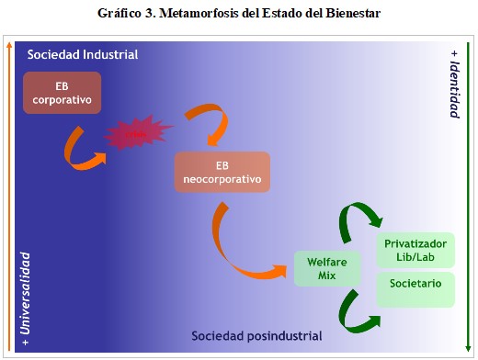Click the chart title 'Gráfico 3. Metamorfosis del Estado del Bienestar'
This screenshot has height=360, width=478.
coord(240,14)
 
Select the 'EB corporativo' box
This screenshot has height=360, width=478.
coord(62,92)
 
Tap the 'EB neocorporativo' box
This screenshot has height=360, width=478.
coord(222,172)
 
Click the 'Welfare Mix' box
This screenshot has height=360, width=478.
coord(326,268)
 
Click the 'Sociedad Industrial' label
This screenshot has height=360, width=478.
coord(83,55)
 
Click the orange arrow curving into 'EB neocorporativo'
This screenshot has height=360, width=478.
coord(199,124)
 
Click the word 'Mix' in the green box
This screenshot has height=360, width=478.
coord(326,276)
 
